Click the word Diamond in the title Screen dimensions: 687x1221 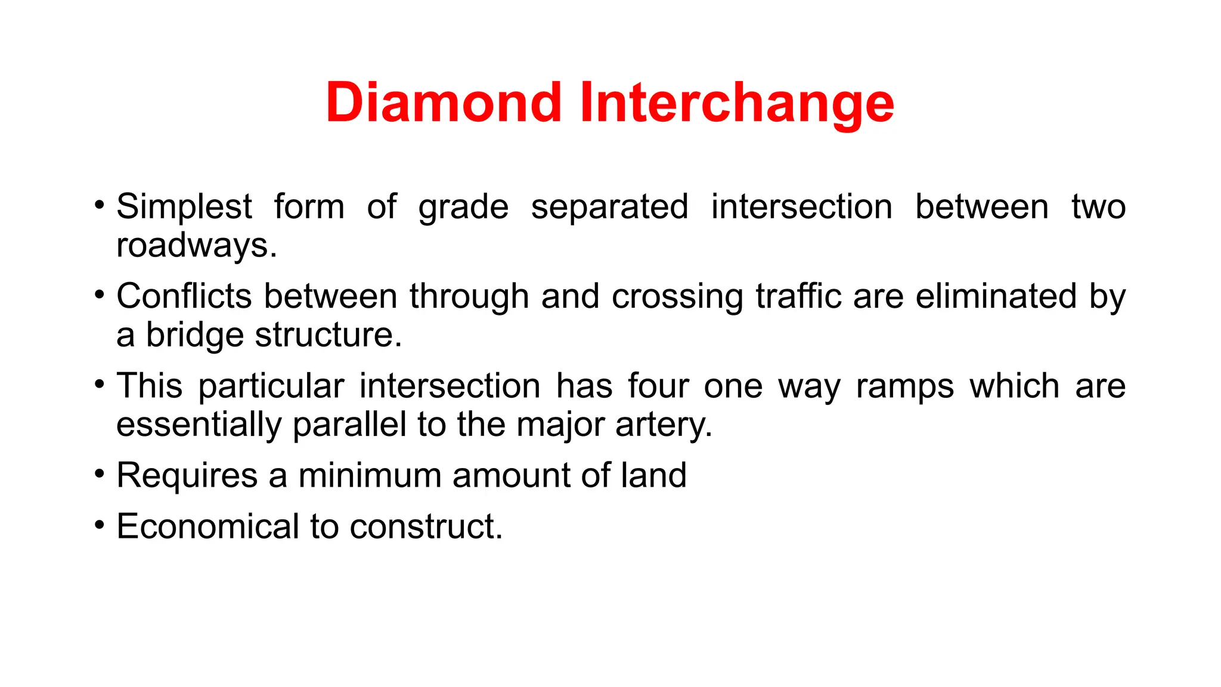(444, 103)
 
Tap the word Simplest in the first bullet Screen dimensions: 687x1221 (184, 207)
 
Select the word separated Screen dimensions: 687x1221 (609, 207)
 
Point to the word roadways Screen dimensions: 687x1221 (196, 245)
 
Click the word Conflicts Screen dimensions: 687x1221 (184, 296)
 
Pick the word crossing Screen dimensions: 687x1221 (677, 296)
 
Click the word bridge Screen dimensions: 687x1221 (194, 335)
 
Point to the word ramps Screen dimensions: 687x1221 (905, 386)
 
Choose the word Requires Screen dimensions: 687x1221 (187, 476)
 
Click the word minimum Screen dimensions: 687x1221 (369, 476)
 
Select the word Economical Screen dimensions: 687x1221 (207, 527)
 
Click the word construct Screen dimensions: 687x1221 (426, 527)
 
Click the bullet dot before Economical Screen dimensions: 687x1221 (100, 525)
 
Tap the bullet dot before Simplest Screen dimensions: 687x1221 (100, 206)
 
